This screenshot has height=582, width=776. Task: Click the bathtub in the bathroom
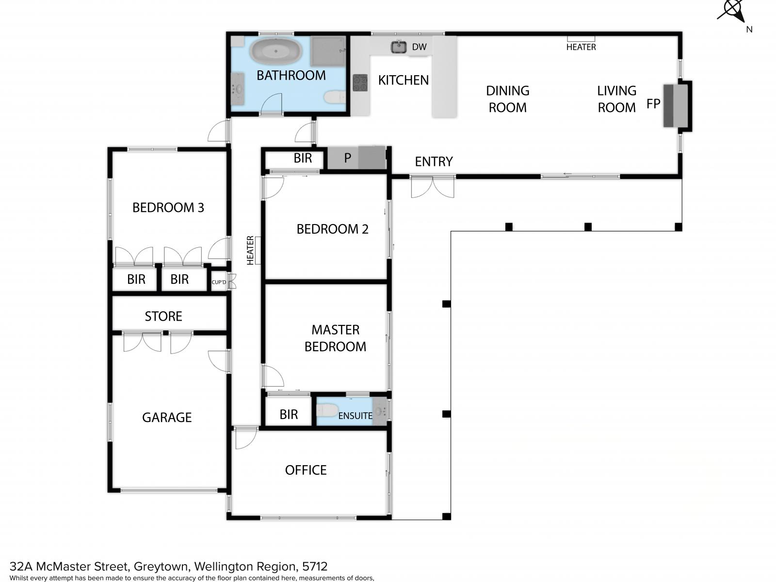[276, 51]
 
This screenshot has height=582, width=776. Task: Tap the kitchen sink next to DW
[399, 47]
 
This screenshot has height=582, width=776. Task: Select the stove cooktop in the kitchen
[360, 83]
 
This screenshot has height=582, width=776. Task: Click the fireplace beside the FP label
[675, 105]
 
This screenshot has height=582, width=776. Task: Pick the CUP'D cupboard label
[218, 282]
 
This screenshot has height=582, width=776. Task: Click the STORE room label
[163, 316]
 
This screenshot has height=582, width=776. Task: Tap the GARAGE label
[167, 418]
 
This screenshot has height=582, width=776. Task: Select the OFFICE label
[306, 470]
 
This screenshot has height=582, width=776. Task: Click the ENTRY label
[434, 162]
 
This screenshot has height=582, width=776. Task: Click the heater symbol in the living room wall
[581, 39]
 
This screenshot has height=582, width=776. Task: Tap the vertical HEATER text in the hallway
[250, 250]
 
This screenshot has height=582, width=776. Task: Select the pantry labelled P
[356, 158]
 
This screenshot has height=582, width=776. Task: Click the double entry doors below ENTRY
[432, 187]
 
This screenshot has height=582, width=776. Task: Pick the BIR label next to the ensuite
[289, 415]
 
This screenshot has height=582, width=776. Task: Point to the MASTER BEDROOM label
[335, 338]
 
